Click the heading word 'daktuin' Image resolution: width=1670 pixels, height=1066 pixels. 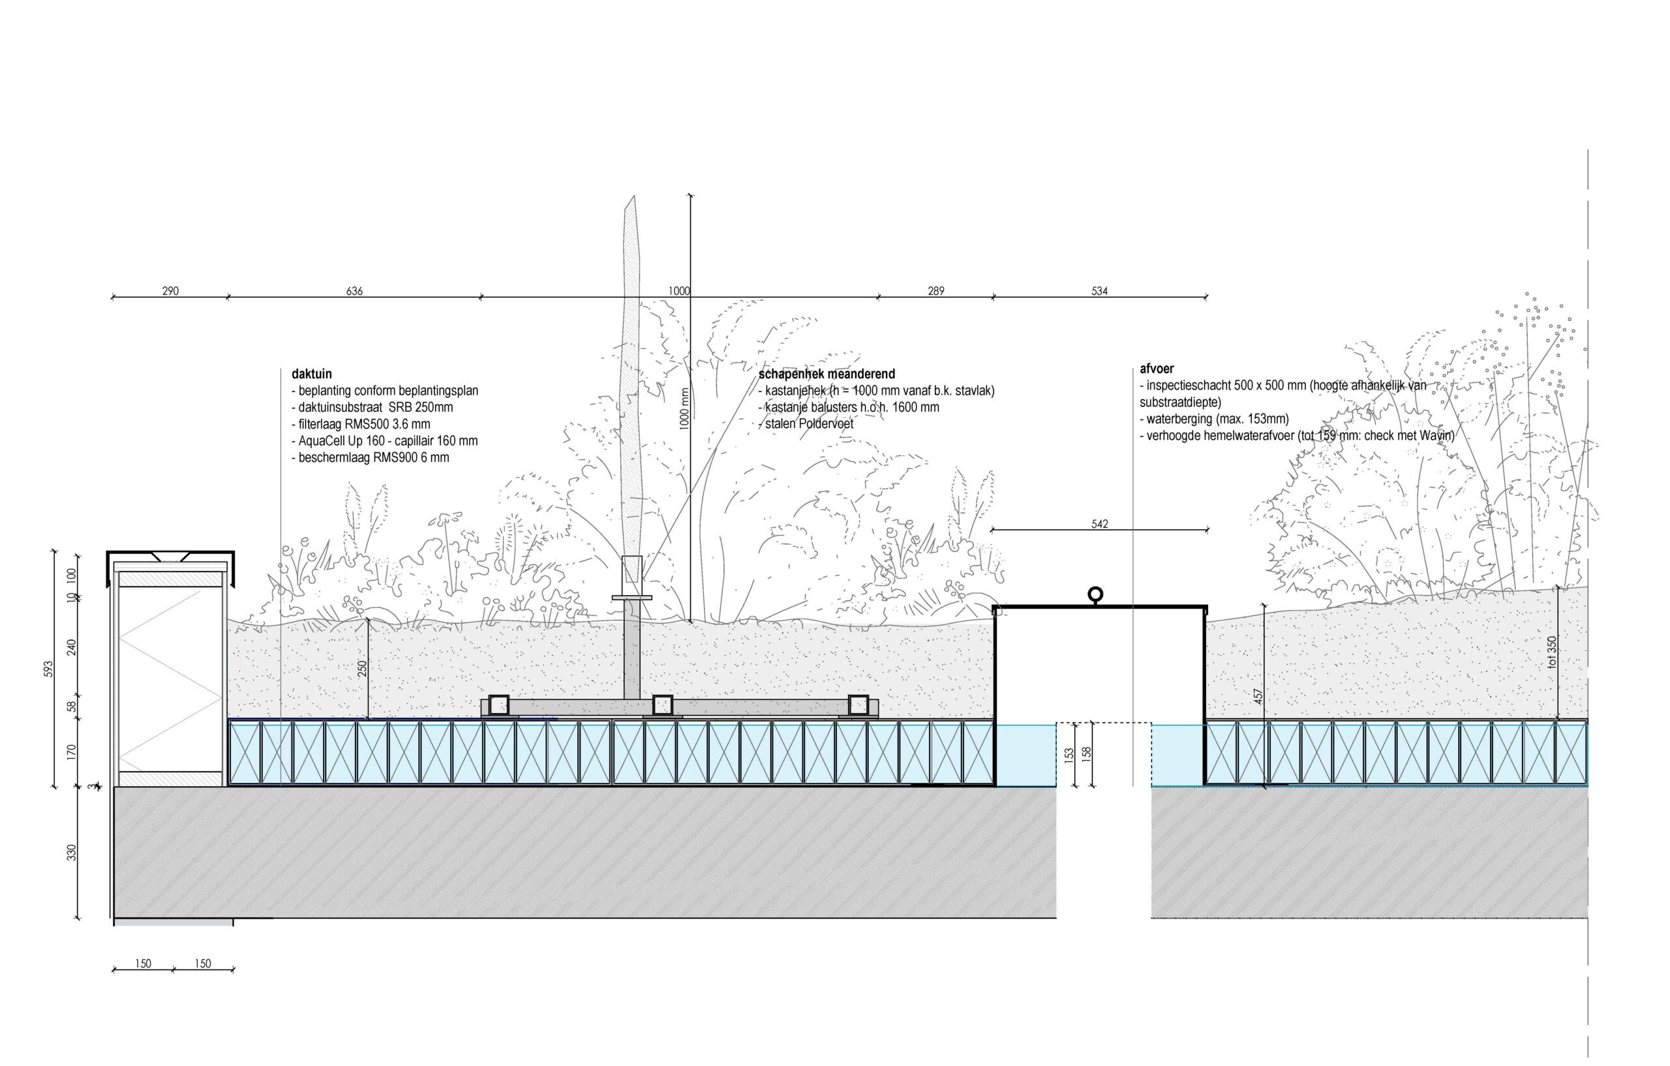[311, 374]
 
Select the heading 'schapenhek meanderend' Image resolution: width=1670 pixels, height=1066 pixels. [827, 374]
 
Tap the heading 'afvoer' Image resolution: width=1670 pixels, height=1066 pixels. [1157, 369]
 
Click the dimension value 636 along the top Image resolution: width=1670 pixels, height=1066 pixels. [354, 292]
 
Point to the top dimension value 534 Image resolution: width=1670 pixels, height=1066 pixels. [1099, 292]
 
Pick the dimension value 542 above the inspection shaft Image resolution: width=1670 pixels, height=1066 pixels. [1099, 525]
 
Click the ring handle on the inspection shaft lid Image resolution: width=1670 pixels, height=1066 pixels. [1095, 594]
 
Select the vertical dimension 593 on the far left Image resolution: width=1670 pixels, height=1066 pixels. [49, 669]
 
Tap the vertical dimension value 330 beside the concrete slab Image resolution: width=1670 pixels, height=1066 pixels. [72, 853]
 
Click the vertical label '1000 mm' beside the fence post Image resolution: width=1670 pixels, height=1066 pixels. [684, 408]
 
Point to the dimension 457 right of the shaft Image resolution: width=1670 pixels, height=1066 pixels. [1259, 697]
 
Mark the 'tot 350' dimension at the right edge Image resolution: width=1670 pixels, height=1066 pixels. [1551, 652]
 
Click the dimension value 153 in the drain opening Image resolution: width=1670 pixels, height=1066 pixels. [1069, 754]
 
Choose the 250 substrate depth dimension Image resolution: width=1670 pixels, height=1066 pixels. [362, 669]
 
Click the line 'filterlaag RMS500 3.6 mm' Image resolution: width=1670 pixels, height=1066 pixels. [361, 424]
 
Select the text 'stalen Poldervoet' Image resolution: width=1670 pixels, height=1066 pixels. [806, 424]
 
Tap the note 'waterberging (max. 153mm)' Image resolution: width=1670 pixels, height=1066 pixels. [1215, 419]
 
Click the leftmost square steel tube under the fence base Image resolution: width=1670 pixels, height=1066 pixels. [498, 705]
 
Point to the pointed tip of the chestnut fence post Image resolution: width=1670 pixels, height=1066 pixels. [633, 196]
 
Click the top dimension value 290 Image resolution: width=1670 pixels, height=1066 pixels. [171, 292]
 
